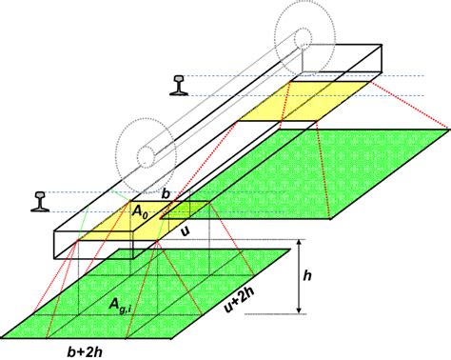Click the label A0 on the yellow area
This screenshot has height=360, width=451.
click(140, 213)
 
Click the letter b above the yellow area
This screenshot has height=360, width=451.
click(167, 195)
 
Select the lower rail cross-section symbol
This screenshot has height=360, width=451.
click(39, 198)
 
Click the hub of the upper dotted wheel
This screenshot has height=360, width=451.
click(302, 40)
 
